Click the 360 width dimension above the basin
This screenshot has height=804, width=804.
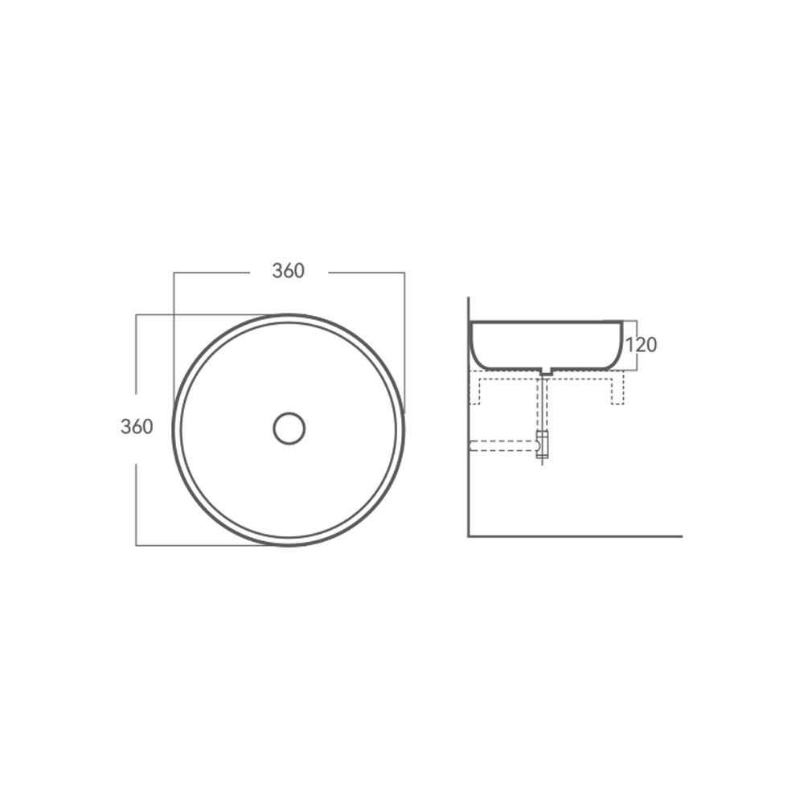click(288, 271)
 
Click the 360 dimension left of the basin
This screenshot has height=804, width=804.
click(137, 427)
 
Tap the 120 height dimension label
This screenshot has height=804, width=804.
click(641, 345)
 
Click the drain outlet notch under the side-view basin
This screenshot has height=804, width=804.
click(547, 372)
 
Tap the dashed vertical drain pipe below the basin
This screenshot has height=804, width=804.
click(543, 404)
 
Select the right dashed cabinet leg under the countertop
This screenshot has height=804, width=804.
click(617, 392)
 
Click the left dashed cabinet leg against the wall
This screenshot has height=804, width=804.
click(475, 392)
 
